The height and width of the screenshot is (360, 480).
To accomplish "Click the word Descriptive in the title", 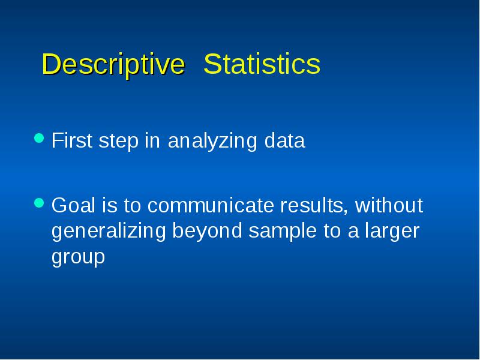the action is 113,64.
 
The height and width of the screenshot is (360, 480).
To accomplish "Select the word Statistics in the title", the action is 262,64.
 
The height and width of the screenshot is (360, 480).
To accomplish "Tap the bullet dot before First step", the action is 39,138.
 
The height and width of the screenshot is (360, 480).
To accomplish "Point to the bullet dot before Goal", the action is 39,203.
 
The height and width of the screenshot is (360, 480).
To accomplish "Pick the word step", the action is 118,142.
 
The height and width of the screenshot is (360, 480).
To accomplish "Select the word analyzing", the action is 212,142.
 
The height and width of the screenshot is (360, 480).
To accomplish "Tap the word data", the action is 284,140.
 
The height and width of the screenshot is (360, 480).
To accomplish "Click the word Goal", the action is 73,205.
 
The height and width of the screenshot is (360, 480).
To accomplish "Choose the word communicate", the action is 211,205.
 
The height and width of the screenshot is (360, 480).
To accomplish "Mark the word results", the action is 313,205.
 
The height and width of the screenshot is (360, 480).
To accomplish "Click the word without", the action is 389,205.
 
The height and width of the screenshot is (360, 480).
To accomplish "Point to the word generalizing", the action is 109,232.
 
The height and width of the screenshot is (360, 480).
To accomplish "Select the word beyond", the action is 207,232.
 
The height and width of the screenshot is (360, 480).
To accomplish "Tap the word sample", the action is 283,232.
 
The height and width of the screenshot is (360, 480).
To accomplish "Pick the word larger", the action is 392,232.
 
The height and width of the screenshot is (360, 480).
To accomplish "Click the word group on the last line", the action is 78,258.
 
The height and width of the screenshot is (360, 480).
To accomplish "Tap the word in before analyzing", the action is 152,140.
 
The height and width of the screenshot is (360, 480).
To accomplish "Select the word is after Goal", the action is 110,205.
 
